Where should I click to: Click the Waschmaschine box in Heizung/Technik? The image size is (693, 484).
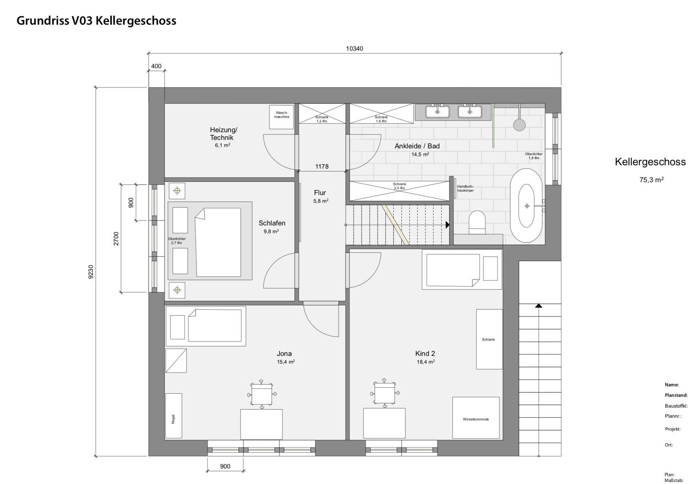(x=281, y=117)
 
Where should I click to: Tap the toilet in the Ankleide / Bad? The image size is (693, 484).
(x=477, y=222)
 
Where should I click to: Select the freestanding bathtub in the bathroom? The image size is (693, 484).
(x=526, y=206)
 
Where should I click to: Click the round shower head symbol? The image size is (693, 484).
(x=519, y=125)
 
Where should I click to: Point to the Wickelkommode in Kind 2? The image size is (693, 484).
(x=476, y=418)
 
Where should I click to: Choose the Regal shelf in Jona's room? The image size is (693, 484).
(x=174, y=416)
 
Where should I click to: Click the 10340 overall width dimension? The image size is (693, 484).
(x=355, y=49)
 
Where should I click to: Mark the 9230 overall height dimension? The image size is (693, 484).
(x=90, y=272)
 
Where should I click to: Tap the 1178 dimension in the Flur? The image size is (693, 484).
(x=322, y=167)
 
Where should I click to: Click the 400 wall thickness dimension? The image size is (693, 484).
(x=156, y=66)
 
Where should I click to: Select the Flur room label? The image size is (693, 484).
(x=320, y=193)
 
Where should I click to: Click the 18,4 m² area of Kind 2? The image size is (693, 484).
(x=426, y=362)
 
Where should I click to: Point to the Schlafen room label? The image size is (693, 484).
(x=272, y=223)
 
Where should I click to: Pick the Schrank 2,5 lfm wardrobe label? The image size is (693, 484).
(x=399, y=186)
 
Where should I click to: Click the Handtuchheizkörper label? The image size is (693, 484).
(x=465, y=188)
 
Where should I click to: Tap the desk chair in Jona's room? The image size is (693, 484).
(x=262, y=394)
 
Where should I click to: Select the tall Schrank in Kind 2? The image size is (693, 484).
(x=489, y=339)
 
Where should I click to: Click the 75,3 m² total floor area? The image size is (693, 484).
(x=651, y=180)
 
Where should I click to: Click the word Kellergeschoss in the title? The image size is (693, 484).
(x=136, y=20)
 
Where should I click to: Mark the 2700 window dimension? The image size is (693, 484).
(x=116, y=238)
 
